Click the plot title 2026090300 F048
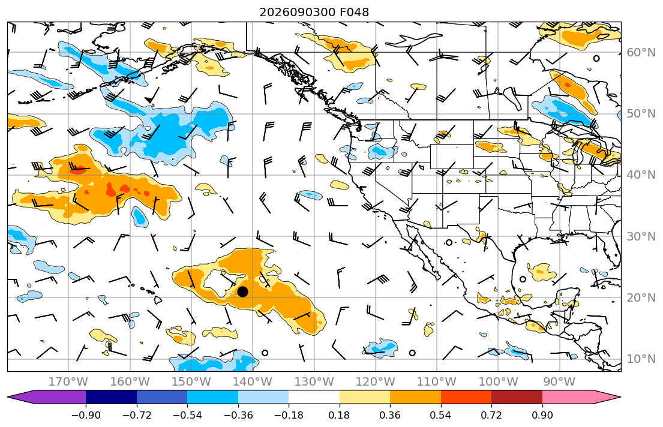tap(314, 12)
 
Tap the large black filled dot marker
tap(243, 291)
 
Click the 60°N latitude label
tap(641, 52)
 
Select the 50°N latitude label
tap(641, 114)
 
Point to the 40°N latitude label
tap(641, 175)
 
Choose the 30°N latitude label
tap(641, 236)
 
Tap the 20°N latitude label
tap(641, 297)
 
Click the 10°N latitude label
tap(641, 359)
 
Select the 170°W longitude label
tap(68, 382)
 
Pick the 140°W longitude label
tap(253, 382)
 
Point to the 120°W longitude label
tap(376, 382)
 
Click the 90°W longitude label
tap(559, 382)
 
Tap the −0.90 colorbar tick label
tap(86, 415)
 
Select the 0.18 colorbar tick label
tap(340, 415)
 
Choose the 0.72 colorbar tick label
tap(491, 415)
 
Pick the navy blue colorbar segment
tap(111, 397)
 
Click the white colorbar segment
tap(314, 397)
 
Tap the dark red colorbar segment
tap(517, 397)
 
